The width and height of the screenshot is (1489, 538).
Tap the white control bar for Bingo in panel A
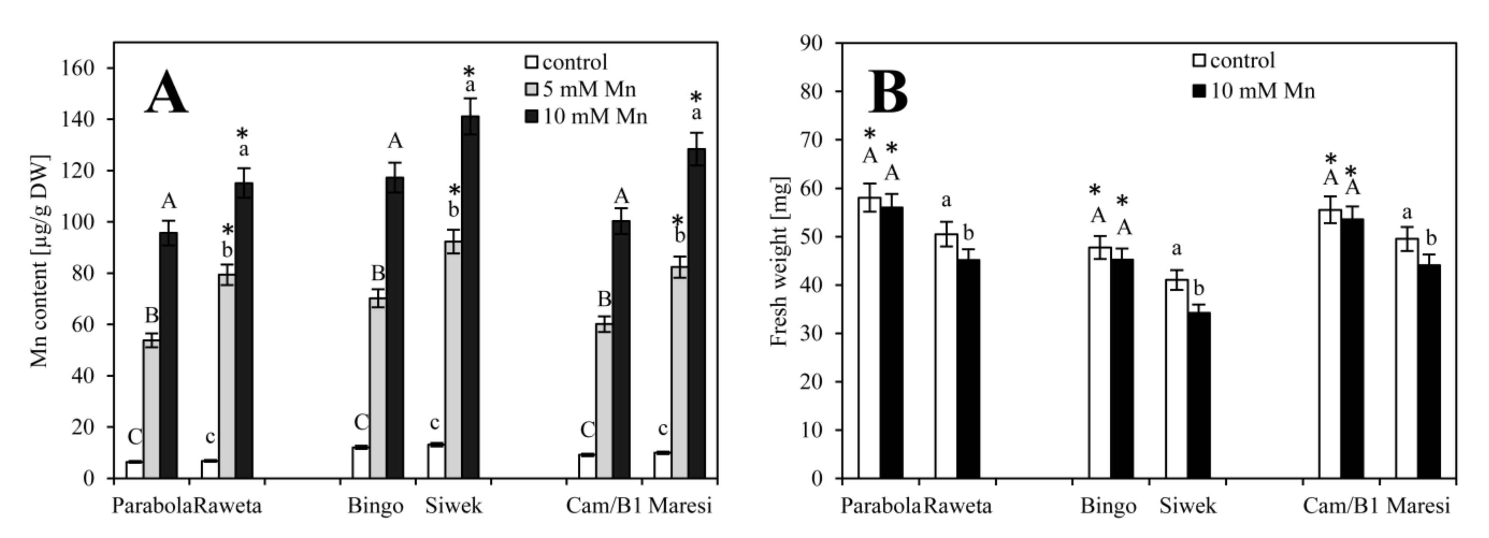click(361, 462)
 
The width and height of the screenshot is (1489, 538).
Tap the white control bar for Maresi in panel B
click(1406, 358)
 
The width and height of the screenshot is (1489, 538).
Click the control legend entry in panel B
click(1232, 60)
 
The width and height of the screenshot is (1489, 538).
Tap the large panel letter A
click(166, 93)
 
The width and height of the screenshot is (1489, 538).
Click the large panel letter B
click(888, 93)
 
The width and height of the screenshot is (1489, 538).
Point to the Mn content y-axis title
click(39, 261)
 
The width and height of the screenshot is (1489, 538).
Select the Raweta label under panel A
click(227, 506)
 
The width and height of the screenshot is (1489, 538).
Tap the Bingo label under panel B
click(1108, 506)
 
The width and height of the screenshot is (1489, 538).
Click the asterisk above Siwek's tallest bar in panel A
click(469, 72)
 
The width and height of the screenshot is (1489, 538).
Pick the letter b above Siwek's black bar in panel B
click(1199, 288)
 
